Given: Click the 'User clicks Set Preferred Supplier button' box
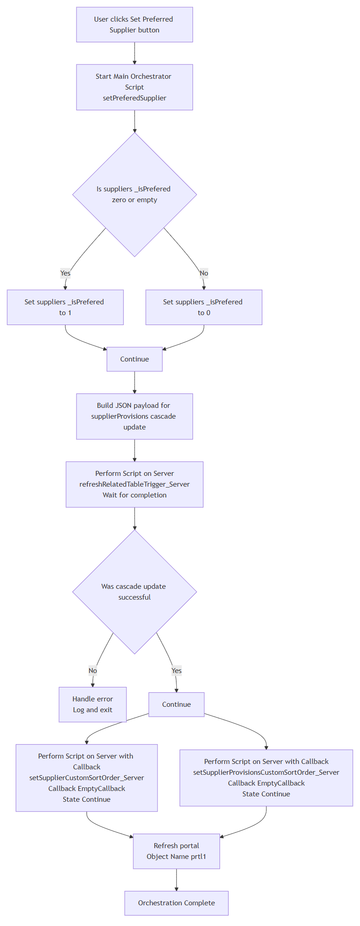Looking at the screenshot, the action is click(x=135, y=25).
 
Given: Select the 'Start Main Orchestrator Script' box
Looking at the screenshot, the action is click(x=135, y=87).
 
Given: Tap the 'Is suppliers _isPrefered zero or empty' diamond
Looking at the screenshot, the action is click(x=135, y=194).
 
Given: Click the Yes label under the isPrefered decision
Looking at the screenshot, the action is click(x=65, y=273).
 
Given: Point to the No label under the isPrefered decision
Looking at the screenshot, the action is click(x=204, y=273).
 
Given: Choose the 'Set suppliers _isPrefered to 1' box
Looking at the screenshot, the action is click(x=65, y=307).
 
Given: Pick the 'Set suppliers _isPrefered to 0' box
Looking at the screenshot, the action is click(x=204, y=307).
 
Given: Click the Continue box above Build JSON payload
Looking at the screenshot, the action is click(x=135, y=359).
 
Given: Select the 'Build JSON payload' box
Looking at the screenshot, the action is click(x=135, y=416).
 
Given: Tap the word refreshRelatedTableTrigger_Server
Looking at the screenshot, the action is click(x=135, y=484).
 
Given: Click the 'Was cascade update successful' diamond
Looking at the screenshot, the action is click(x=135, y=592).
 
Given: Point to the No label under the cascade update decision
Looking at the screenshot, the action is click(x=93, y=671).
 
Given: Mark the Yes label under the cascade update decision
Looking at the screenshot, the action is click(x=176, y=671).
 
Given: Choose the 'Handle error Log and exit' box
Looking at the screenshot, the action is click(x=93, y=705).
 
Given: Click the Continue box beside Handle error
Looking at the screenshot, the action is click(x=176, y=705).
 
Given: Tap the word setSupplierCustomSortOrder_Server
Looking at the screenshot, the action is click(x=87, y=778).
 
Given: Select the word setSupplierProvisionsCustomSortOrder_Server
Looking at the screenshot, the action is click(x=266, y=772).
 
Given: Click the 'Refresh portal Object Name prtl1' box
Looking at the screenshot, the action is click(x=176, y=851).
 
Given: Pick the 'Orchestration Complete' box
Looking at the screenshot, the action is click(x=176, y=903).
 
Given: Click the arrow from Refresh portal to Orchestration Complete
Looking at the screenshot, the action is click(x=176, y=880).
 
